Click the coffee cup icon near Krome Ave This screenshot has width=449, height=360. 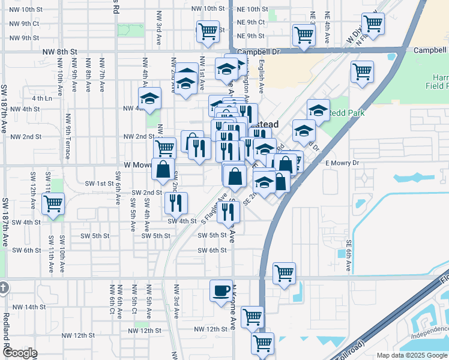(x=221, y=290)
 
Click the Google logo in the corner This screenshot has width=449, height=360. (x=19, y=353)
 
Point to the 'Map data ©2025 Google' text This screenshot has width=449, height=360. (x=412, y=355)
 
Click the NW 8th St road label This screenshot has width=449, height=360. (x=60, y=52)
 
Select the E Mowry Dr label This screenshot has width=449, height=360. (x=342, y=163)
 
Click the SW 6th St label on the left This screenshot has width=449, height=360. (x=25, y=250)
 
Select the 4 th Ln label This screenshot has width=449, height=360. (x=42, y=98)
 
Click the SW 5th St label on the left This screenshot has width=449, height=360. (x=92, y=236)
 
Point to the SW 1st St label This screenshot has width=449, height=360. (x=99, y=183)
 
